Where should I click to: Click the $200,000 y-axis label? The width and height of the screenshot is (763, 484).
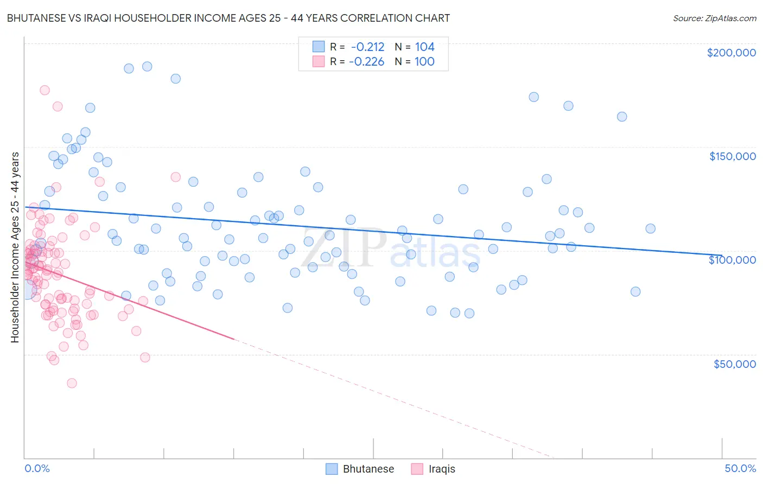click(731, 53)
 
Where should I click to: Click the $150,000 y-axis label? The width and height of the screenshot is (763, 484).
click(732, 156)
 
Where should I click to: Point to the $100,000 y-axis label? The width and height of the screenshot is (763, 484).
click(732, 260)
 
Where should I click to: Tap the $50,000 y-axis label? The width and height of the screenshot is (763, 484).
click(734, 364)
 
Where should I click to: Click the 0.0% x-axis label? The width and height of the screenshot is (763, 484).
click(37, 468)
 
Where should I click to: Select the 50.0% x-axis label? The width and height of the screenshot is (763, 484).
click(740, 468)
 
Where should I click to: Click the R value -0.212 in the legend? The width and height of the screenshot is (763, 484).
click(367, 47)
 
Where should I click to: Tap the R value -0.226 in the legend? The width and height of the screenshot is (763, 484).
click(366, 61)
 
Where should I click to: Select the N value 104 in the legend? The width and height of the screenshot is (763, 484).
click(424, 47)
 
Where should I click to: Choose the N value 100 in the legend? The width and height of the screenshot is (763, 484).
click(424, 61)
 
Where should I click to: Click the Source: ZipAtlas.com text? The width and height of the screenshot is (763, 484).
click(714, 18)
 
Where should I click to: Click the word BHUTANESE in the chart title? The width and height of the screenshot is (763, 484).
click(34, 18)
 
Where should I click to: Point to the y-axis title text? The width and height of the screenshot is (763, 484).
click(15, 247)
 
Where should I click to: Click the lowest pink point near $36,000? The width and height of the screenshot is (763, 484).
click(72, 383)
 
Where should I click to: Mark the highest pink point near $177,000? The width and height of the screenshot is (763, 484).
click(44, 90)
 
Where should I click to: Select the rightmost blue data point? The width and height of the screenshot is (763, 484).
click(650, 228)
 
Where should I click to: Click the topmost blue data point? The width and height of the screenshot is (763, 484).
click(147, 66)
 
